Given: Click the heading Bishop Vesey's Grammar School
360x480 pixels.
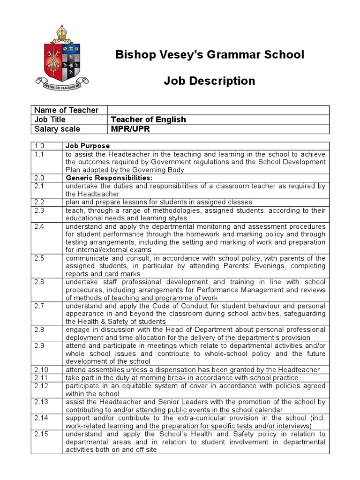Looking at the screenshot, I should pyautogui.click(x=210, y=55).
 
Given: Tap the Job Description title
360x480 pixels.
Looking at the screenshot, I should pyautogui.click(x=210, y=81).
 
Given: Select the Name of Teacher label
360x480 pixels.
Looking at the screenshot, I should pyautogui.click(x=66, y=110).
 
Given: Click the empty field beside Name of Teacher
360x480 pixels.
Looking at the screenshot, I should pyautogui.click(x=218, y=110).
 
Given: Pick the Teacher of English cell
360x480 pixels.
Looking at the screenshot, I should pyautogui.click(x=148, y=120).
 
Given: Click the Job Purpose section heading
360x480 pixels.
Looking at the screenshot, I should pyautogui.click(x=88, y=146).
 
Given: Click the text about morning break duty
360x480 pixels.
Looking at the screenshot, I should pyautogui.click(x=182, y=378).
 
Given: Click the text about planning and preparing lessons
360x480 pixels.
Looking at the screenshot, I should pyautogui.click(x=159, y=202).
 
